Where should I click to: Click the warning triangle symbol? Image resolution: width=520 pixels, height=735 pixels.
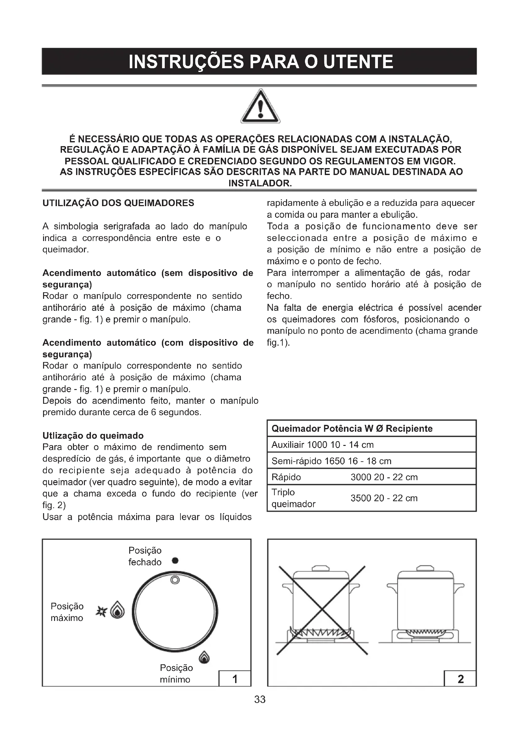[x=260, y=107]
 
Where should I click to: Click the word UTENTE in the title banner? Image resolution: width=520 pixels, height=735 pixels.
[x=358, y=62]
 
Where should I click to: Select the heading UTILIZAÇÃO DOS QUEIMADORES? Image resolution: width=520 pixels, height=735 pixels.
[x=118, y=203]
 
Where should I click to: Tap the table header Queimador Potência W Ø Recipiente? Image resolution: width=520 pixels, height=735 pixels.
[x=352, y=428]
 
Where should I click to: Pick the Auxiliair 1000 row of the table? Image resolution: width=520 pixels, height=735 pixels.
[x=323, y=445]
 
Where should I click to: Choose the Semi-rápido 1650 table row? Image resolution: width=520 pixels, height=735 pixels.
[x=331, y=461]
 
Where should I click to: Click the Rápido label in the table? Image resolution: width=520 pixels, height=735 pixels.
[x=286, y=477]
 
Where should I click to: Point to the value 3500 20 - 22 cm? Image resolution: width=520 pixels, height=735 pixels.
[x=384, y=498]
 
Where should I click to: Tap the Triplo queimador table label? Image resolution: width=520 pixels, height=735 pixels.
[x=293, y=498]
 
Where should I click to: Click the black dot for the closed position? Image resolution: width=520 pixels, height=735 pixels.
[x=175, y=561]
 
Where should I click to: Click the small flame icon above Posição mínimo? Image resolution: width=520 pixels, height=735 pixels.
[x=204, y=657]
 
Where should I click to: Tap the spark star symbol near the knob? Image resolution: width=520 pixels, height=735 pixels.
[x=101, y=611]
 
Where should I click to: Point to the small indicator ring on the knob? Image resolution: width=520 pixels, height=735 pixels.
[x=175, y=580]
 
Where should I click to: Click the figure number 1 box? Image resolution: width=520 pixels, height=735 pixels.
[x=235, y=679]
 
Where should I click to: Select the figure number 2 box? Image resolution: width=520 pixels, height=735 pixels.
[x=460, y=679]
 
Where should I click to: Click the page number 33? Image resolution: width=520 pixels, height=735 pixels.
[x=260, y=699]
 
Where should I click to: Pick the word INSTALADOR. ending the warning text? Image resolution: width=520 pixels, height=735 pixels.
[x=260, y=184]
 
